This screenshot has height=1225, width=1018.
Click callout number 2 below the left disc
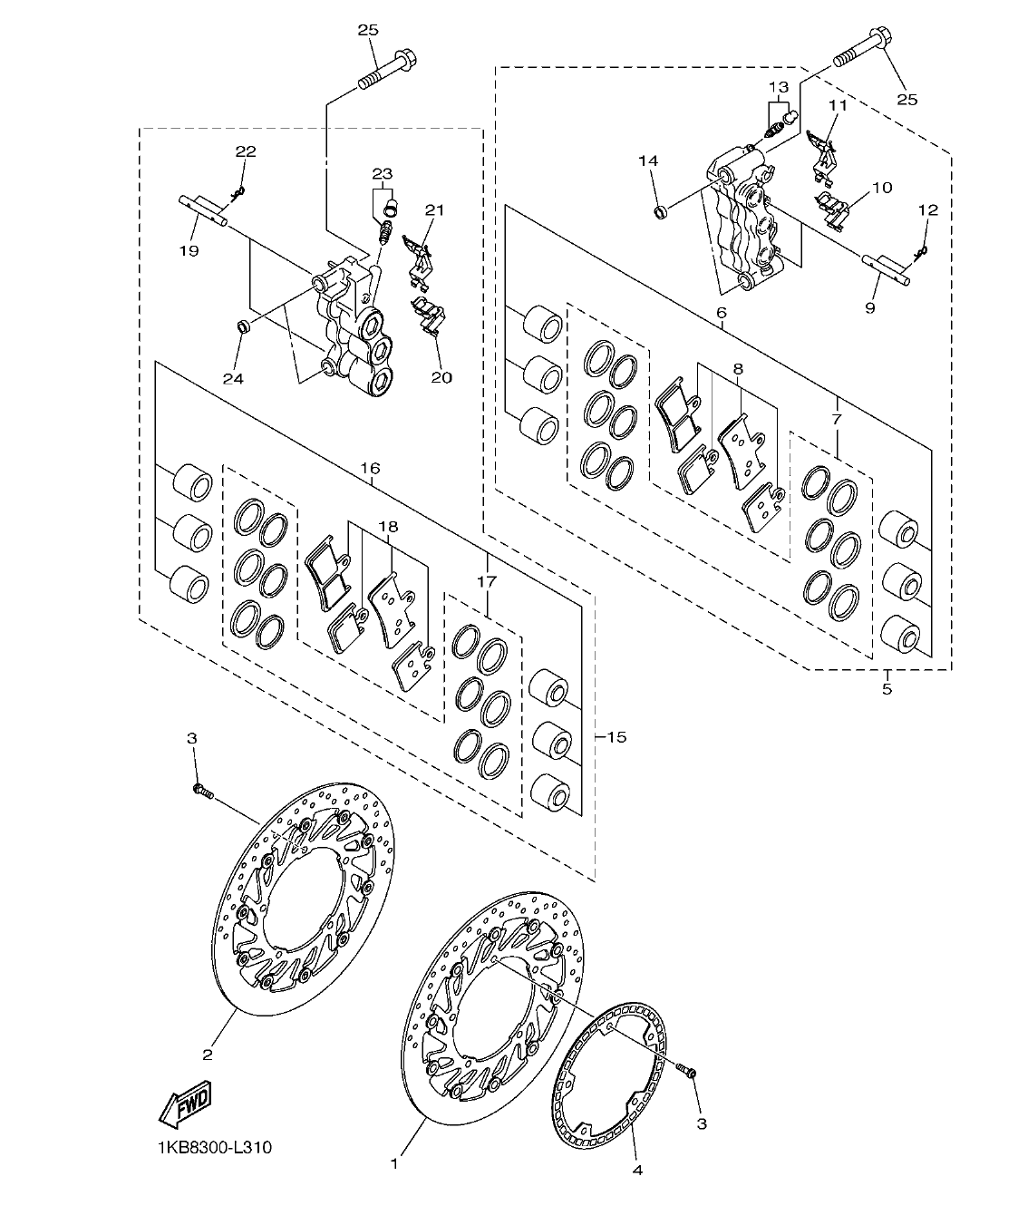[208, 1054]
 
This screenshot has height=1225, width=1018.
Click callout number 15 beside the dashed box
[616, 737]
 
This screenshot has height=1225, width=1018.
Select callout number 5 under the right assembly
[887, 689]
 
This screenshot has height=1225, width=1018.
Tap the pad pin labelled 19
[204, 208]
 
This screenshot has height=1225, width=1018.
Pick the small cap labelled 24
[243, 326]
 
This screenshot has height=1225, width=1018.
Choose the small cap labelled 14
[660, 213]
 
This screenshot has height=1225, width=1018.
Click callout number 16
[369, 469]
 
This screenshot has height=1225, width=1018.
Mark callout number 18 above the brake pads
[388, 526]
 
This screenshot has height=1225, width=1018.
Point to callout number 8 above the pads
[737, 369]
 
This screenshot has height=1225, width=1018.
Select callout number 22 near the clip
[220, 151]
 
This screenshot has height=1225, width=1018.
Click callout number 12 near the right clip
[927, 209]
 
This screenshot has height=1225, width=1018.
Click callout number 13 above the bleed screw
[779, 87]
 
